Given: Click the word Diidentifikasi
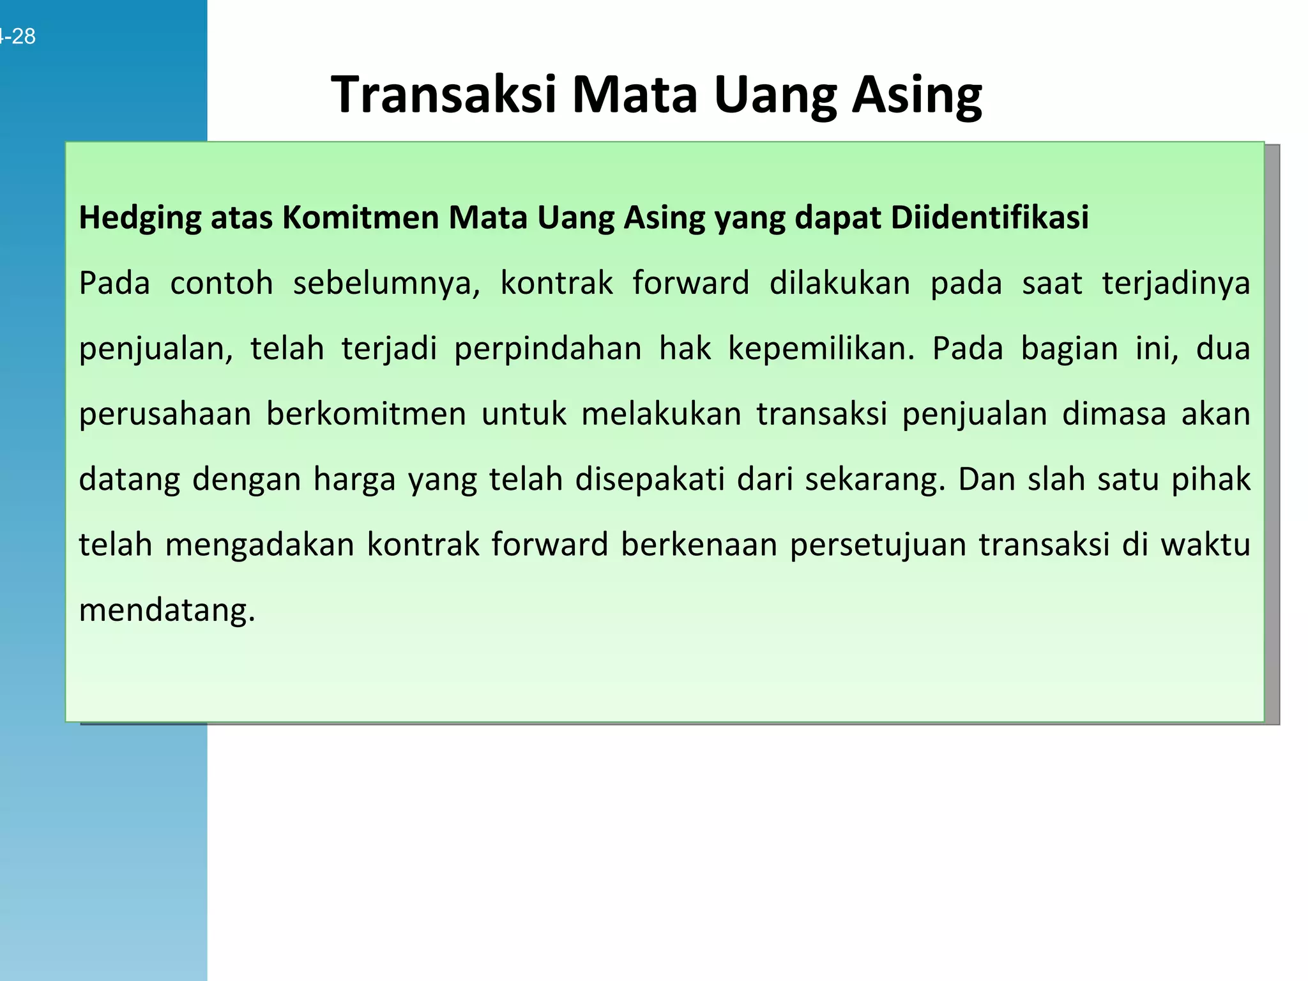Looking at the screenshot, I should point(989,218).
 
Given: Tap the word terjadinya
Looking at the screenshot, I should point(1176,283).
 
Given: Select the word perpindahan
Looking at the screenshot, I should point(548,349).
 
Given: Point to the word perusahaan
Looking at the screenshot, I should point(165,414).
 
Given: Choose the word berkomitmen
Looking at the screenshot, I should point(366,414).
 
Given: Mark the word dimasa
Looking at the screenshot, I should point(1114,414).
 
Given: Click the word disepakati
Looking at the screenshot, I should point(650,479).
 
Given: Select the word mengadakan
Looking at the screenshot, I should point(259,545).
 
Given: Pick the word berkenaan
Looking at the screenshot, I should point(699,545).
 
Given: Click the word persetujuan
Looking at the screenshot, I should point(878,545).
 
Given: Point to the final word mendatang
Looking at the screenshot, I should point(167,610).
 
